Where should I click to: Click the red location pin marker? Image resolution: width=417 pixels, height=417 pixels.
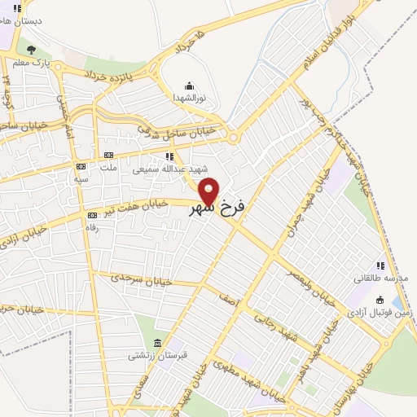pyautogui.click(x=208, y=191)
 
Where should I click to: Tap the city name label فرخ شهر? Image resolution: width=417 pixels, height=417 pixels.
pyautogui.click(x=217, y=209)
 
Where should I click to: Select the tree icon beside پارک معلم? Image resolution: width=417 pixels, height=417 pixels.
pyautogui.click(x=31, y=49)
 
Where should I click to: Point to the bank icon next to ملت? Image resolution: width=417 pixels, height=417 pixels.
pyautogui.click(x=107, y=155)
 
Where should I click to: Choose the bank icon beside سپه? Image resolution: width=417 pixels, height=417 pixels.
pyautogui.click(x=81, y=166)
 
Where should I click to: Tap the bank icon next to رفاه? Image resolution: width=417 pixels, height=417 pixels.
pyautogui.click(x=91, y=215)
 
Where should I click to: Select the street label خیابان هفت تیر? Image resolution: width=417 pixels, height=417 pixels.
pyautogui.click(x=136, y=206)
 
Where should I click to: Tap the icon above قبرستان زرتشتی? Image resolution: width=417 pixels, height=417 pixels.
pyautogui.click(x=157, y=342)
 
